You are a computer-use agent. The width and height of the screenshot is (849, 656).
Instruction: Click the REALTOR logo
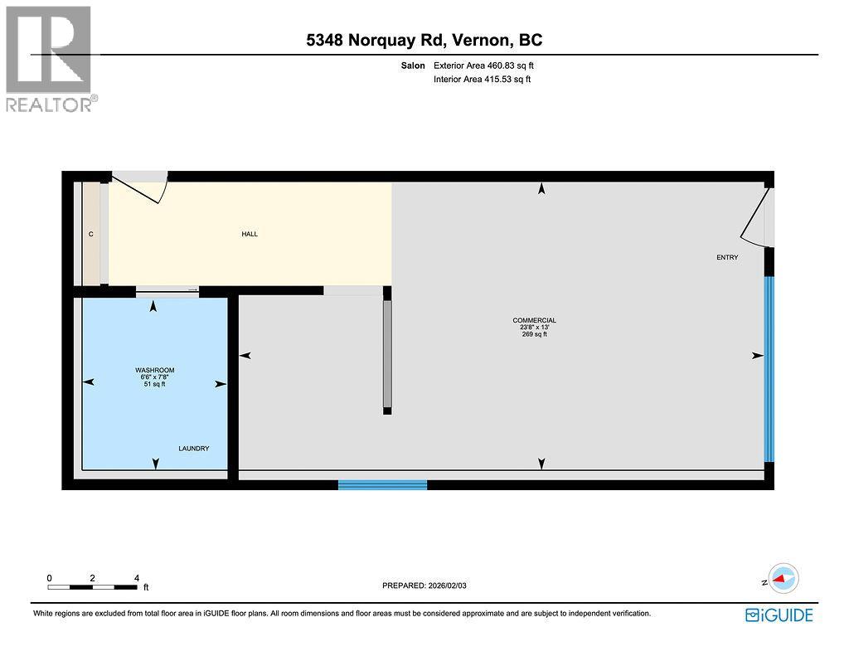[49, 58]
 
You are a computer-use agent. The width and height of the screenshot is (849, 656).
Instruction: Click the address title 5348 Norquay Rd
[424, 40]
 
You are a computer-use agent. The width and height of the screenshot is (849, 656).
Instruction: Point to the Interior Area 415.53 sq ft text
[482, 80]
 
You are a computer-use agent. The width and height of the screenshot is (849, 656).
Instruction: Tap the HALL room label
[250, 234]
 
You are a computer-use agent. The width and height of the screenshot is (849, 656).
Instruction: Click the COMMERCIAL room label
[534, 320]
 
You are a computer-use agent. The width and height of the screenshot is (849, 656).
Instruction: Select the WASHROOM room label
[155, 370]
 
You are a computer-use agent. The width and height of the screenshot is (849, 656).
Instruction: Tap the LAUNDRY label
[193, 449]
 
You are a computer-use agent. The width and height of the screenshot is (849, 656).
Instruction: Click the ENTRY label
[727, 257]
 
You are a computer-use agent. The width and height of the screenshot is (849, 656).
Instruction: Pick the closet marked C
[91, 235]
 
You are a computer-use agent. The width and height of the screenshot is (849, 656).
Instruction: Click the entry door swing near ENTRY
[758, 218]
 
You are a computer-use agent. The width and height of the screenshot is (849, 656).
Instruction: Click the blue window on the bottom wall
[382, 484]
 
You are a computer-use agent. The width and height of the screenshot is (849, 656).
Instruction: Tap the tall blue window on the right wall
[769, 368]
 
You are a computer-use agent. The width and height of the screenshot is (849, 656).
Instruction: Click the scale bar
[93, 586]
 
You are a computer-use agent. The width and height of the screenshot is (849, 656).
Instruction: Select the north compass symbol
[783, 578]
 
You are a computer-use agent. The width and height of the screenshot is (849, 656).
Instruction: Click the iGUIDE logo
[779, 615]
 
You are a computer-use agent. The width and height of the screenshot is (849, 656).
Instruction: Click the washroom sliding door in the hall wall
[167, 290]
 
